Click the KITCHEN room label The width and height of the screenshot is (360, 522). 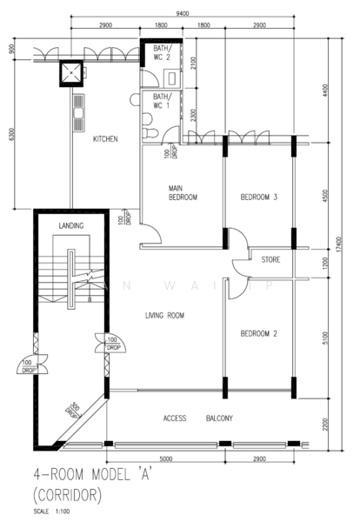tap(105, 139)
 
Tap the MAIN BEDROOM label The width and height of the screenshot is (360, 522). tap(183, 192)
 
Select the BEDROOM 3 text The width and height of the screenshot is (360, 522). tap(258, 197)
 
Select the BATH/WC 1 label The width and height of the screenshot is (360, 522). tap(163, 101)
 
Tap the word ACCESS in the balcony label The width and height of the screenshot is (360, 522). tap(176, 418)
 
